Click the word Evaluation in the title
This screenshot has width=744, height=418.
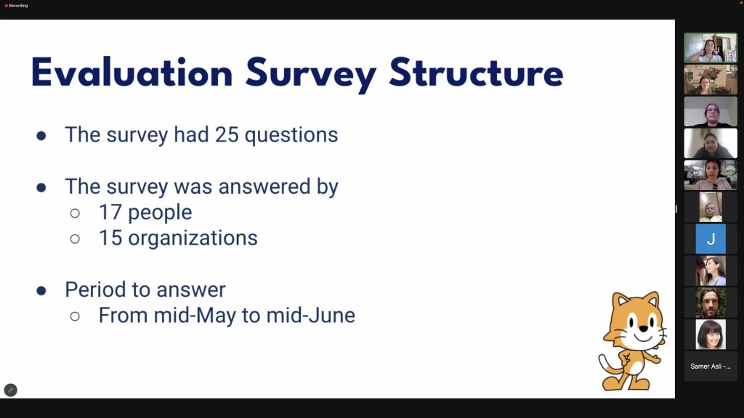coord(132,73)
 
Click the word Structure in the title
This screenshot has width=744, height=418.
coord(476,73)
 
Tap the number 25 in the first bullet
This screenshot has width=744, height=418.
coord(227,134)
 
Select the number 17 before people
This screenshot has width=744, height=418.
coord(110,213)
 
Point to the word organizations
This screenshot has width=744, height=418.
coord(193,238)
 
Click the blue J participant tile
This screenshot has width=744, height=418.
coord(711,239)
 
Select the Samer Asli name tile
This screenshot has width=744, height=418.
coord(711,366)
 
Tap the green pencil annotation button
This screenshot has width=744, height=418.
coord(10,390)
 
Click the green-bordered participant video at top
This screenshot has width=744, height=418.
coord(711,48)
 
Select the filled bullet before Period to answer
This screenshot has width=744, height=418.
coord(41,290)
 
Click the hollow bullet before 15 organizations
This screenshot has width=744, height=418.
coord(75,239)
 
